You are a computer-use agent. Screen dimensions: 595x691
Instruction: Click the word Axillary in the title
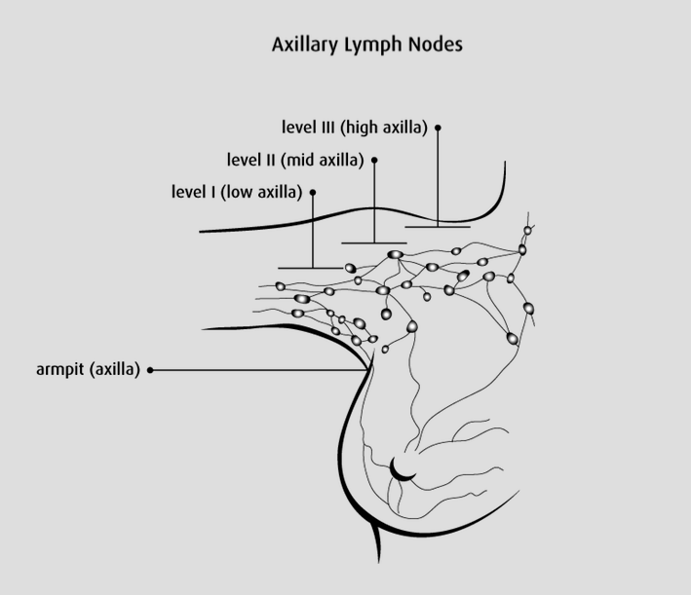[x=303, y=45]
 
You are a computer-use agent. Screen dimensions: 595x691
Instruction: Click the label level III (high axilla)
[x=354, y=128]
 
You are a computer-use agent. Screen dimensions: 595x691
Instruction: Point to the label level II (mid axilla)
[x=295, y=160]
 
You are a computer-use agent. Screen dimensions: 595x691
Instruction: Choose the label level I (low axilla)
[x=237, y=192]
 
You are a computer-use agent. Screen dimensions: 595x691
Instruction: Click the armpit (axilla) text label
[x=87, y=370]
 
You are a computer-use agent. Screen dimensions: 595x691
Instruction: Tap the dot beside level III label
[x=439, y=128]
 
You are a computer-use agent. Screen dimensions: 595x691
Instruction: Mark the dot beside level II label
[x=375, y=160]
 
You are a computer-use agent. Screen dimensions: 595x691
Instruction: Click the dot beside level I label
[x=313, y=192]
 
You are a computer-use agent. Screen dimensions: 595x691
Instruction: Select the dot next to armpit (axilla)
[x=151, y=370]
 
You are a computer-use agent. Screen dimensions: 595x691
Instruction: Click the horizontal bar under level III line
[x=438, y=226]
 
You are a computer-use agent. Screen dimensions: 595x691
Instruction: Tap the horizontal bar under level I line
[x=311, y=268]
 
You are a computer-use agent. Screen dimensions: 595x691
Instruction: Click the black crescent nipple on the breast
[x=402, y=472]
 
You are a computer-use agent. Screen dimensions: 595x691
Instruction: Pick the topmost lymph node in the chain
[x=528, y=231]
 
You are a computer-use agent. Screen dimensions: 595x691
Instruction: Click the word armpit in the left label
[x=56, y=370]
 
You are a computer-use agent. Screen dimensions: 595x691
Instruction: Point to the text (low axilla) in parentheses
[x=262, y=192]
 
